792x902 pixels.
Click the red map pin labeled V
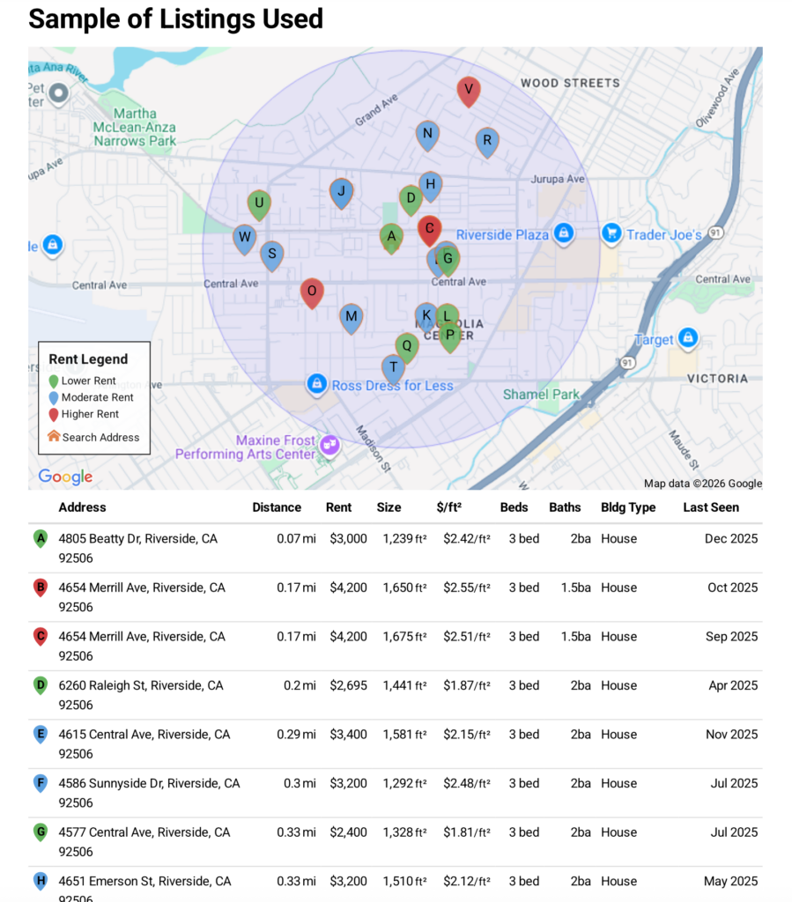(469, 90)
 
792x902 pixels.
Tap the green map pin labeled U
(259, 204)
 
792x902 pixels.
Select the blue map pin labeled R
(486, 141)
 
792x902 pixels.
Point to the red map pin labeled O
(311, 292)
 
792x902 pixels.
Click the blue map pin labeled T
(394, 368)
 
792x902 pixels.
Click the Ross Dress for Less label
(392, 385)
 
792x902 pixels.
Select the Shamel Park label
(541, 395)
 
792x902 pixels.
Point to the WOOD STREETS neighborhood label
(570, 83)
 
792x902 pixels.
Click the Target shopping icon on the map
(688, 338)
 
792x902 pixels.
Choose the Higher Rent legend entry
(90, 414)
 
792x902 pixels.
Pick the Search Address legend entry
(100, 437)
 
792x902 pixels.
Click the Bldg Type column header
(628, 507)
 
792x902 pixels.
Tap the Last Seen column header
(711, 507)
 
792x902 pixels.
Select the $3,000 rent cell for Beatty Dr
(348, 538)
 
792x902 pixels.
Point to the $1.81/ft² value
(467, 832)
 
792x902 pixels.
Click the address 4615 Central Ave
(144, 735)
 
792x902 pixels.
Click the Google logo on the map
(65, 477)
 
